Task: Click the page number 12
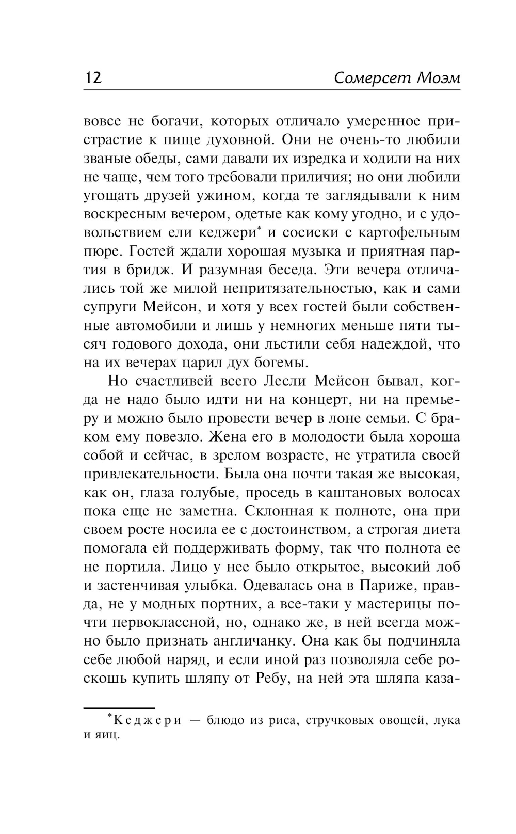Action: pyautogui.click(x=93, y=78)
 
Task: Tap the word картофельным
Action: pyautogui.click(x=407, y=233)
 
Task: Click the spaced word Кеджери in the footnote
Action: pyautogui.click(x=147, y=720)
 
